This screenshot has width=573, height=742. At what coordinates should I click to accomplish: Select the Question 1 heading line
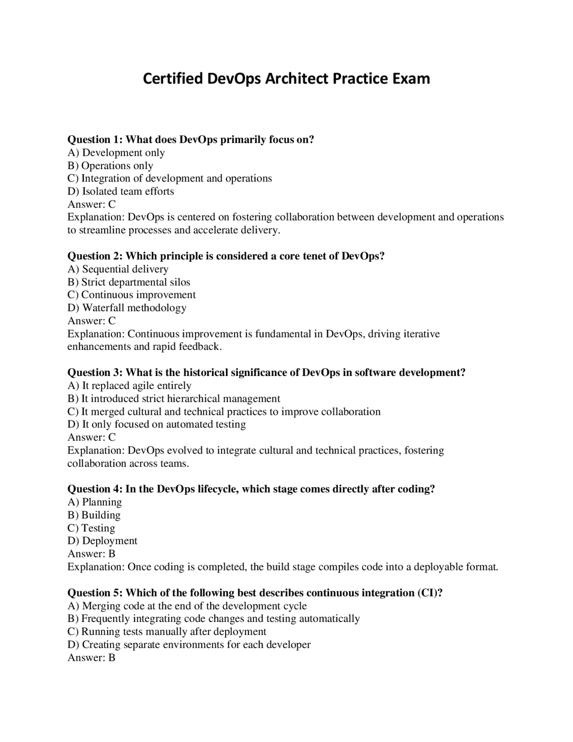pyautogui.click(x=191, y=139)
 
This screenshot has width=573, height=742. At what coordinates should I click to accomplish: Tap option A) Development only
pyautogui.click(x=116, y=153)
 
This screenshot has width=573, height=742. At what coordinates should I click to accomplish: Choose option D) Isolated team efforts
pyautogui.click(x=120, y=191)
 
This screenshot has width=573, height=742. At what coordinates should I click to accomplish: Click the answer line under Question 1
pyautogui.click(x=91, y=204)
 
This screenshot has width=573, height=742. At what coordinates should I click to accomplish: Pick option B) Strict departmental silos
pyautogui.click(x=128, y=282)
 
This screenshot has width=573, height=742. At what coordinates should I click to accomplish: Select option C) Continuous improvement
pyautogui.click(x=131, y=295)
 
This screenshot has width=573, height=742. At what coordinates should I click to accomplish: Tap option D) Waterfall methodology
pyautogui.click(x=127, y=308)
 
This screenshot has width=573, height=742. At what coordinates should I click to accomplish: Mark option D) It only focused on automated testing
pyautogui.click(x=156, y=424)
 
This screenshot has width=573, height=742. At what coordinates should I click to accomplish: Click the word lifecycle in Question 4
pyautogui.click(x=218, y=489)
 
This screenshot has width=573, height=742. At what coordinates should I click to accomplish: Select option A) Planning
pyautogui.click(x=94, y=502)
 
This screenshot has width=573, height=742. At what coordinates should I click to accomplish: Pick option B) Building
pyautogui.click(x=94, y=515)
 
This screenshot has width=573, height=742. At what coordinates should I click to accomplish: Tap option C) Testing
pyautogui.click(x=91, y=528)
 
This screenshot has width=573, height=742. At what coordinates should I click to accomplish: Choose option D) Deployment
pyautogui.click(x=102, y=541)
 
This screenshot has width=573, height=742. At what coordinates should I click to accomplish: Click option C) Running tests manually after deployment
pyautogui.click(x=167, y=632)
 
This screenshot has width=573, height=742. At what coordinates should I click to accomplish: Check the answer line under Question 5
pyautogui.click(x=91, y=658)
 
